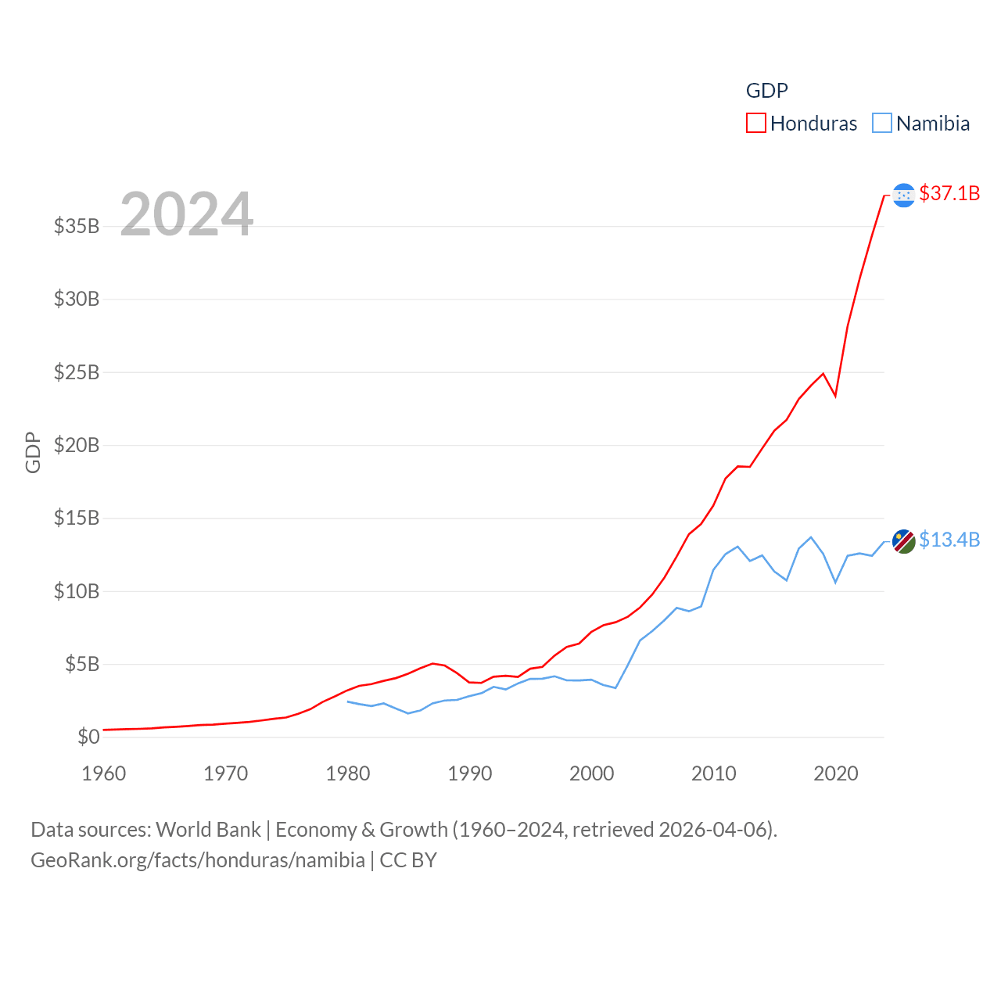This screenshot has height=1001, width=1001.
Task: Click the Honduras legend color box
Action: (755, 124)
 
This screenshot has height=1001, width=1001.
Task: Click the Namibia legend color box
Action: (881, 124)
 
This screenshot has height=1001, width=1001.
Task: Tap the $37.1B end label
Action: (949, 193)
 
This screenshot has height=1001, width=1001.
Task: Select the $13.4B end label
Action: (949, 540)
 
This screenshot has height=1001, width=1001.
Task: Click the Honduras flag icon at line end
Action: (903, 195)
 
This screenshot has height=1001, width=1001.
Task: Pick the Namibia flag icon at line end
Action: (903, 540)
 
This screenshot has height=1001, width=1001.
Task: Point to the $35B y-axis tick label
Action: (77, 226)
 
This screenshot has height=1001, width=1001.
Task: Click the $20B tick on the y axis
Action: (77, 445)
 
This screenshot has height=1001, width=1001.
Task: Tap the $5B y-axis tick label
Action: (82, 664)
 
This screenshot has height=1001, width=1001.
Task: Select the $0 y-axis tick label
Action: (88, 737)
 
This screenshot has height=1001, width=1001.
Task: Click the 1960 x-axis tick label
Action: (103, 773)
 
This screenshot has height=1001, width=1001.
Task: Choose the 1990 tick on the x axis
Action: (469, 773)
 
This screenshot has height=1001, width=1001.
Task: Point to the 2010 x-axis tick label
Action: (713, 773)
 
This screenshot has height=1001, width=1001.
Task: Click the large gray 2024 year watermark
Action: (187, 213)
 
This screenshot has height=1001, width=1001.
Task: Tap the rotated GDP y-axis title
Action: (33, 452)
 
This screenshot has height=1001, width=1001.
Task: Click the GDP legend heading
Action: (766, 91)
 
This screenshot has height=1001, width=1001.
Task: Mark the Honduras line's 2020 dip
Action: (835, 396)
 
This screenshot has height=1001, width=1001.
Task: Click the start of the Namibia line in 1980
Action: (348, 701)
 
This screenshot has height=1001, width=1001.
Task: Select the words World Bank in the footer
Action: (208, 829)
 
